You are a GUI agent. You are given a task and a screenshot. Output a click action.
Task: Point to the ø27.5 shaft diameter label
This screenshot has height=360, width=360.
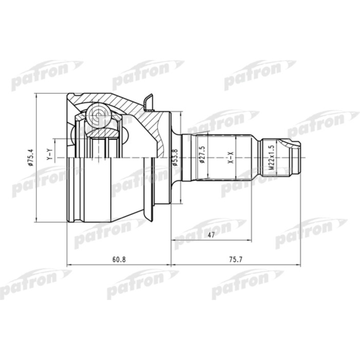[x=202, y=154]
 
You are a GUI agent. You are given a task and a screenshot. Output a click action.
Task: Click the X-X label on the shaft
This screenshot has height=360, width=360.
[x=231, y=157]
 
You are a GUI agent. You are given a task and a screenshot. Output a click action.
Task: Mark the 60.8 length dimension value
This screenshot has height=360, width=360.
[x=119, y=259]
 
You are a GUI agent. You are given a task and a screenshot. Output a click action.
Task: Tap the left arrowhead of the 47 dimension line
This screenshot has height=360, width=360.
[x=175, y=240]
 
